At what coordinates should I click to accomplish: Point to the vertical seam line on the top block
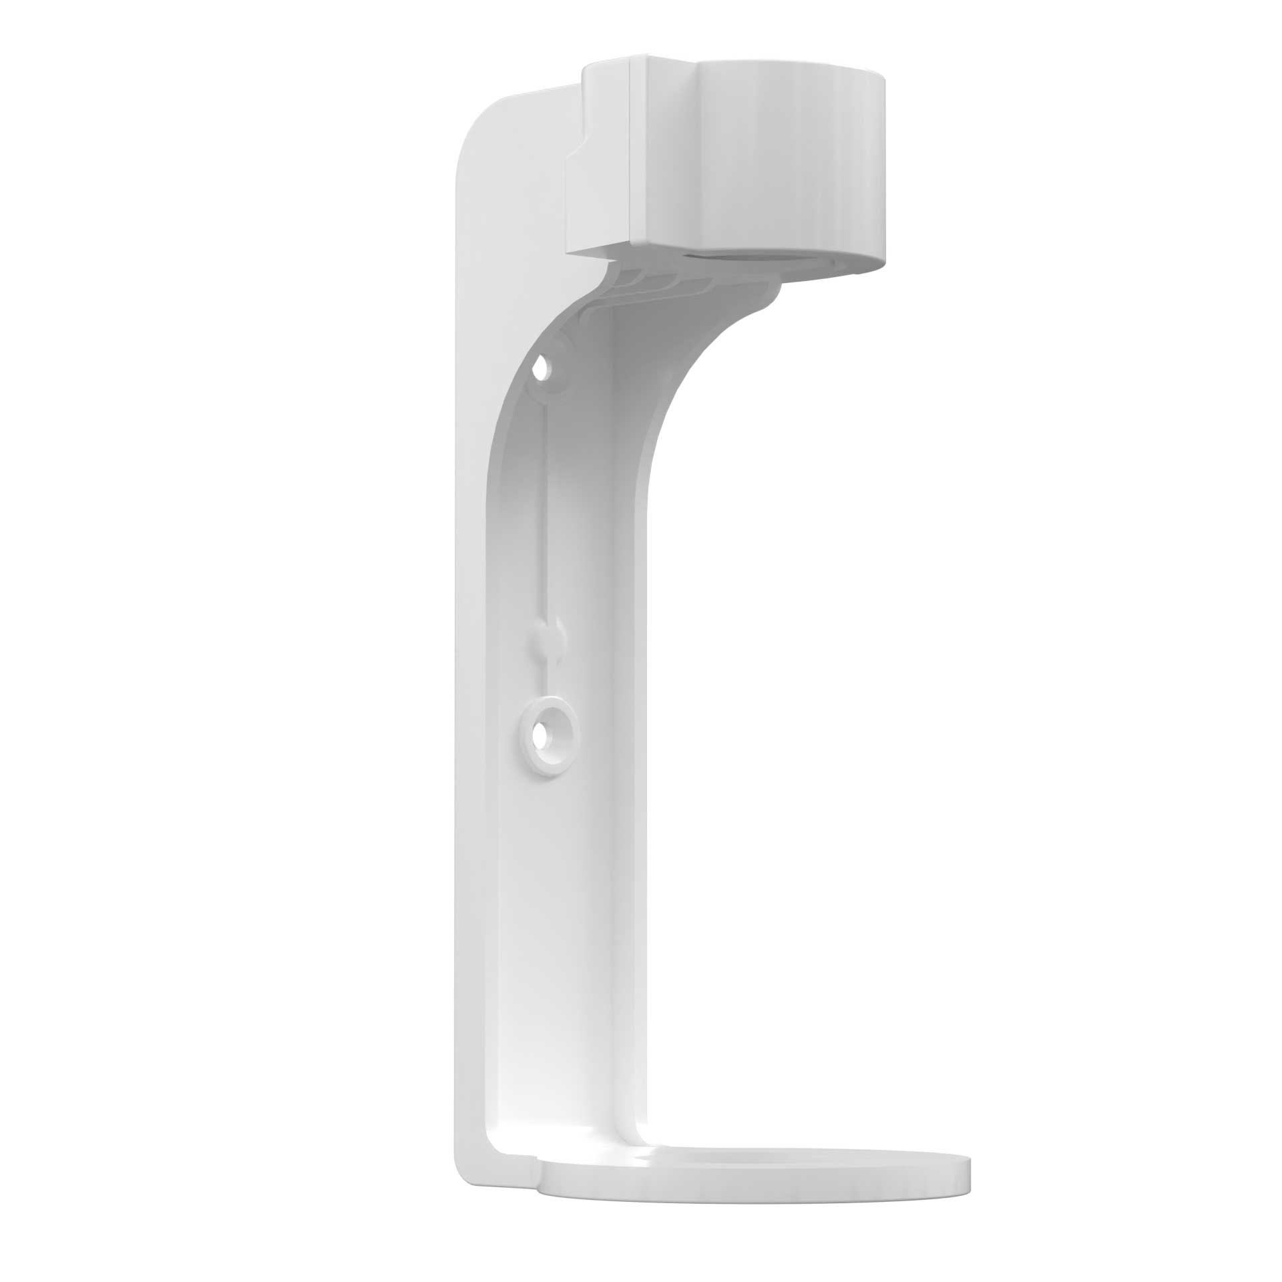tap(631, 154)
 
